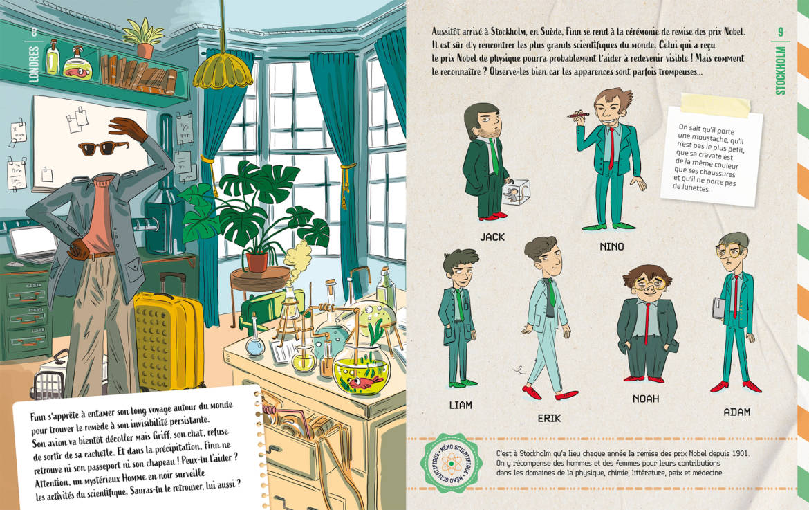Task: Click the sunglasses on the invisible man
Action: point(103,147)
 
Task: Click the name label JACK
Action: point(492,237)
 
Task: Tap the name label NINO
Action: point(612,247)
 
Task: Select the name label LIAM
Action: point(461,406)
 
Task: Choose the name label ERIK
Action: point(549,418)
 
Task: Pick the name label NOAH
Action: point(645,399)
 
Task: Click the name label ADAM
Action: point(737,412)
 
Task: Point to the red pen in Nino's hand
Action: point(578,113)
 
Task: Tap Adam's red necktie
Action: point(736,296)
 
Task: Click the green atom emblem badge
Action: point(451,463)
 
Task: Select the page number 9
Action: point(780,33)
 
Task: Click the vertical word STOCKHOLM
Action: point(780,71)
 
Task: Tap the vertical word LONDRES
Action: point(34,64)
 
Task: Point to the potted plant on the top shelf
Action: point(143,38)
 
